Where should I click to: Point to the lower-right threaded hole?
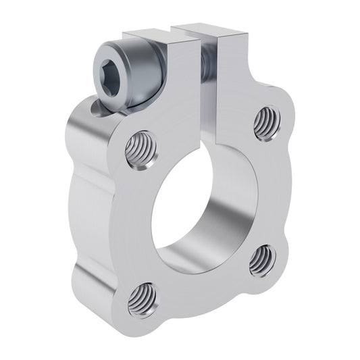(x=261, y=259)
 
